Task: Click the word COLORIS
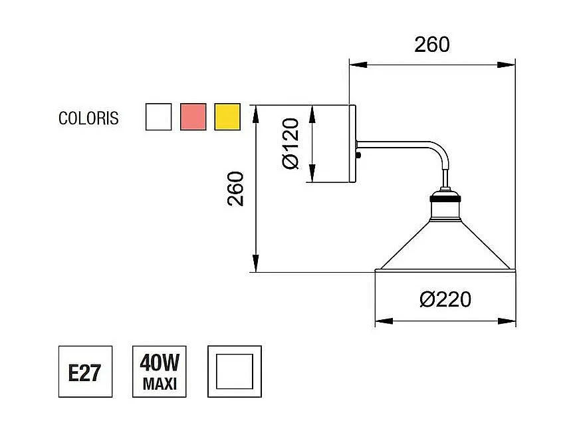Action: pyautogui.click(x=88, y=118)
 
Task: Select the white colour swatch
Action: pyautogui.click(x=158, y=116)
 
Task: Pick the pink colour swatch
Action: pyautogui.click(x=193, y=116)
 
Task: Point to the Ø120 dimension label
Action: pyautogui.click(x=290, y=144)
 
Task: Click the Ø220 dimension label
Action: pyautogui.click(x=445, y=299)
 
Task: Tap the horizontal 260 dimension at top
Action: pyautogui.click(x=432, y=45)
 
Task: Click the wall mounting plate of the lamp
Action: pyautogui.click(x=353, y=144)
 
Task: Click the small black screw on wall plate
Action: pyautogui.click(x=360, y=156)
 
